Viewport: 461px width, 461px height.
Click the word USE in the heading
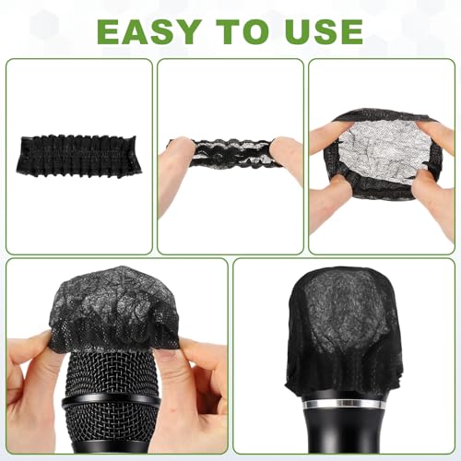point(326,32)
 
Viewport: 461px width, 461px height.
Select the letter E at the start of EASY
point(109,32)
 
